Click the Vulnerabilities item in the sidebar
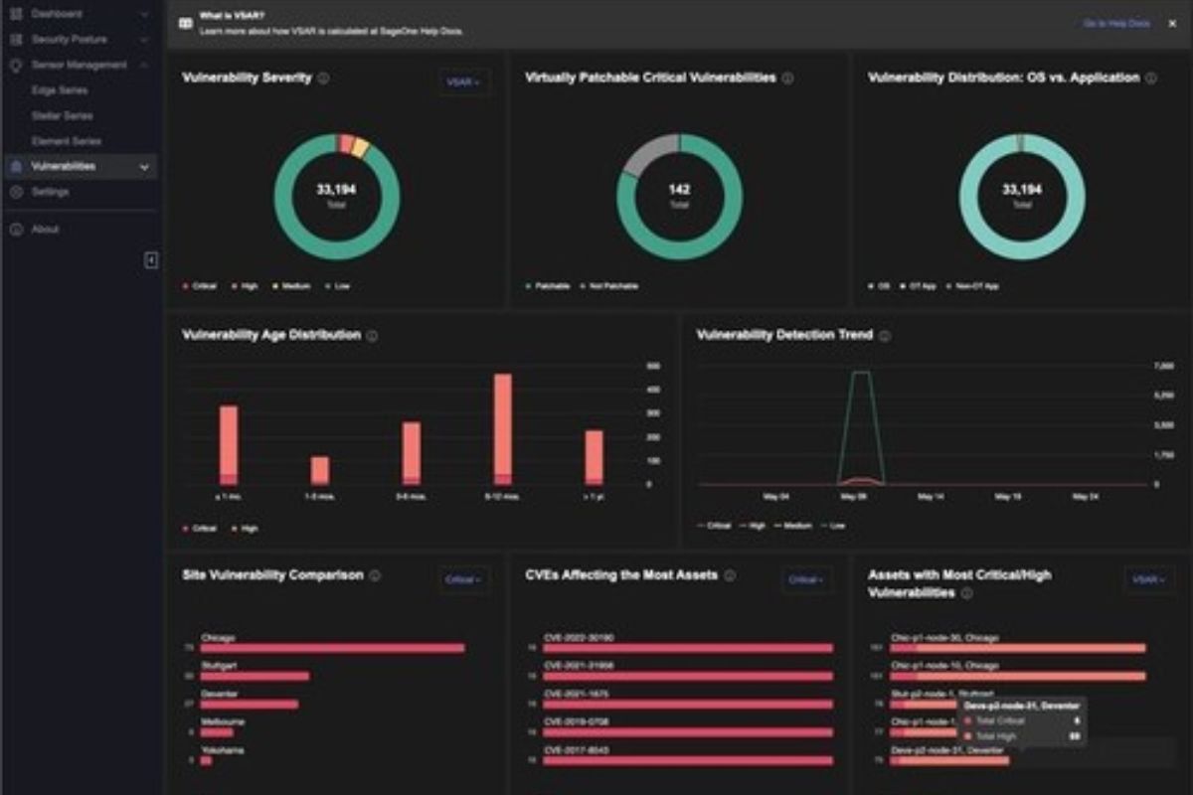pyautogui.click(x=64, y=167)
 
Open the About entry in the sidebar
pyautogui.click(x=45, y=230)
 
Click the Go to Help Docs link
pyautogui.click(x=1115, y=23)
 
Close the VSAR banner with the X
pyautogui.click(x=1171, y=23)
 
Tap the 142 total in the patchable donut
pyautogui.click(x=679, y=190)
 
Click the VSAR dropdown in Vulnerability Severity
pyautogui.click(x=463, y=82)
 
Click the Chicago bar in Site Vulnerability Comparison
pyautogui.click(x=332, y=648)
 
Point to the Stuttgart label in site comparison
pyautogui.click(x=219, y=665)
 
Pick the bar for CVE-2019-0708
pyautogui.click(x=688, y=732)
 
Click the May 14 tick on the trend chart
pyautogui.click(x=931, y=496)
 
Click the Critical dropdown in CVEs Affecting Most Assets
pyautogui.click(x=805, y=579)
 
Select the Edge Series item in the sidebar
pyautogui.click(x=60, y=90)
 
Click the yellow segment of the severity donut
pyautogui.click(x=360, y=148)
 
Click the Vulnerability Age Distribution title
pyautogui.click(x=271, y=336)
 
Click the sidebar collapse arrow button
pyautogui.click(x=151, y=260)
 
